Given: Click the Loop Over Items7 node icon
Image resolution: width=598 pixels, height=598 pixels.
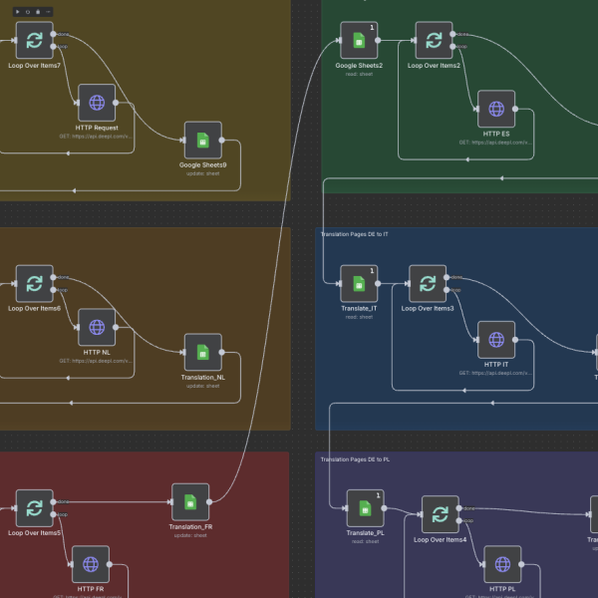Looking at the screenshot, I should coord(35,41).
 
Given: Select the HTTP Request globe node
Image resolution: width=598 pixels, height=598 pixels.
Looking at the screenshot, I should coord(97,102).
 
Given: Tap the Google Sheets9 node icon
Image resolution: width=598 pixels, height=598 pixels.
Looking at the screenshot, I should coord(202,141).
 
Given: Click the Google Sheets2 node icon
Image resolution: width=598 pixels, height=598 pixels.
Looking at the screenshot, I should coord(359,41).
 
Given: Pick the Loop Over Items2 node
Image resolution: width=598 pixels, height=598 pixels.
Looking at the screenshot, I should coord(434,41).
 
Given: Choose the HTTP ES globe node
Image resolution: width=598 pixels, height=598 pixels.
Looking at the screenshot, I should coord(495,109).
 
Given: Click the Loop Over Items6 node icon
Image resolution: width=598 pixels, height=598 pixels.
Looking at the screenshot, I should coord(35,283).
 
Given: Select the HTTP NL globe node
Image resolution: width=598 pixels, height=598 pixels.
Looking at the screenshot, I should coord(97,327).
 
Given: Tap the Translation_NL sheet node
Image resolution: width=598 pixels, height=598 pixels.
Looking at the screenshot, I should coord(202,352).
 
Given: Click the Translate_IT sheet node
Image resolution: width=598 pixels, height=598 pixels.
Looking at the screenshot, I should coord(359,284).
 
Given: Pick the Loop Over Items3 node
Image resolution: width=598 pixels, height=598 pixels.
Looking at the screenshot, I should coord(428,284).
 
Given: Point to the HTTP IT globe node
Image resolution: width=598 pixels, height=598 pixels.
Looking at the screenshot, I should coord(495,340).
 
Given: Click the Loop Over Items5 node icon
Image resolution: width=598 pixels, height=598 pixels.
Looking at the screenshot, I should coord(35,508).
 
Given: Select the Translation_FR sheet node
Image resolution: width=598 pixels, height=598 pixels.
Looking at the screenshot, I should coord(190,502).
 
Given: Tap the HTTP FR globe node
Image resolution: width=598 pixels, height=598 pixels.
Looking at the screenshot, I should coord(91,564).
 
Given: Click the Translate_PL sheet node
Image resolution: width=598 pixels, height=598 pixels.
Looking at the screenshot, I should coord(365,508).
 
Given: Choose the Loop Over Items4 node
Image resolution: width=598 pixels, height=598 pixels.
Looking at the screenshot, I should coord(440,514).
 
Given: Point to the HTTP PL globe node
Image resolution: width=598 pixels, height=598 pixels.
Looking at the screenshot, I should coord(501,564).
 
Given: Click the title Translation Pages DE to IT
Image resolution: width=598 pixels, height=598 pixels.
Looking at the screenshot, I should coord(355,234).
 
